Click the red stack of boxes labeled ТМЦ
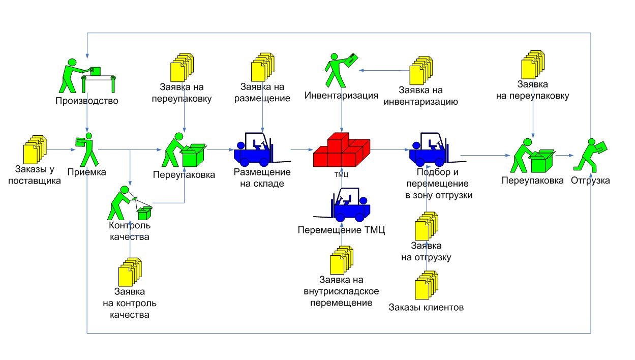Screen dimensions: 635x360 click(341, 149)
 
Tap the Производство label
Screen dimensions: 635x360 click(87, 101)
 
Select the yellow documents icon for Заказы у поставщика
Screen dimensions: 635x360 click(35, 149)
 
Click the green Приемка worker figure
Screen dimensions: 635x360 click(87, 149)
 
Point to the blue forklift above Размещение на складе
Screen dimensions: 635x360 click(262, 149)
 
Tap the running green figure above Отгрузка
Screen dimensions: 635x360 click(590, 155)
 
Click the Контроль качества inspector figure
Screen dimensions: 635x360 click(130, 203)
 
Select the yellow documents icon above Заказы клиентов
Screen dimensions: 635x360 click(427, 285)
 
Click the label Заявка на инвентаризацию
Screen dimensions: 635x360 click(420, 96)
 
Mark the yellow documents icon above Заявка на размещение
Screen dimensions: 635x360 click(263, 67)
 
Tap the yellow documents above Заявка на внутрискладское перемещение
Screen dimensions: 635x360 click(342, 260)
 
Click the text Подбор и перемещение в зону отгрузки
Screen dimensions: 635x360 click(438, 184)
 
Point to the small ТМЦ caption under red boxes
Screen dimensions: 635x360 click(341, 174)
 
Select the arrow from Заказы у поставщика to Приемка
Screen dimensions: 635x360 click(61, 149)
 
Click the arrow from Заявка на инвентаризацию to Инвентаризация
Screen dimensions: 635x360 click(384, 70)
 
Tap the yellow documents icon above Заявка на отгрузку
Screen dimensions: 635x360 click(427, 226)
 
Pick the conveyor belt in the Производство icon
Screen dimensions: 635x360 click(98, 83)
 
